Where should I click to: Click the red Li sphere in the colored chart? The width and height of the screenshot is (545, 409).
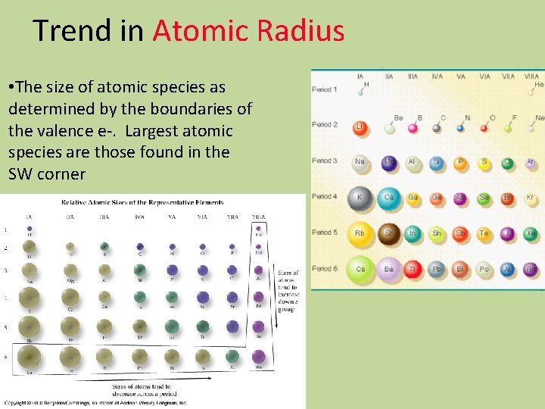tap(361, 126)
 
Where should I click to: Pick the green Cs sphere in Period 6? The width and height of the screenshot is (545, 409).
tap(362, 268)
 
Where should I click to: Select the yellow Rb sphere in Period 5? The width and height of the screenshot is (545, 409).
tap(362, 233)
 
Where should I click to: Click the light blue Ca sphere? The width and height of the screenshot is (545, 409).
tap(389, 198)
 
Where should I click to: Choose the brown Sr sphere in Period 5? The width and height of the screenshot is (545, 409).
tap(389, 233)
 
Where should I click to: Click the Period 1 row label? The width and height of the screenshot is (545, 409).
tap(325, 89)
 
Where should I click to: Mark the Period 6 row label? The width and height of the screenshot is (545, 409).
tap(325, 268)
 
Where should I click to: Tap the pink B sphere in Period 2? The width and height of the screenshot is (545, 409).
tap(413, 127)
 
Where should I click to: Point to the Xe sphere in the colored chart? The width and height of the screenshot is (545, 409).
tap(532, 233)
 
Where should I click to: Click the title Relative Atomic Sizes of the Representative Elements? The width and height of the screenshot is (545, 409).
tap(143, 202)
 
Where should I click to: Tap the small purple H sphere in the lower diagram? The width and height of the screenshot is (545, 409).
tap(30, 228)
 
